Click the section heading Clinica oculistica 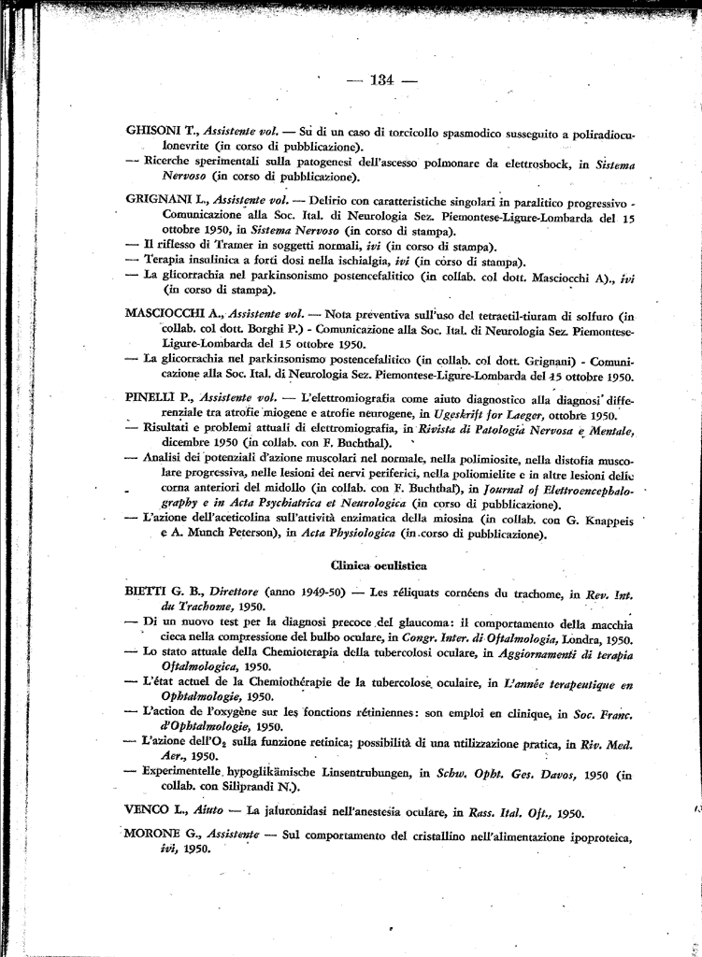379,565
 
